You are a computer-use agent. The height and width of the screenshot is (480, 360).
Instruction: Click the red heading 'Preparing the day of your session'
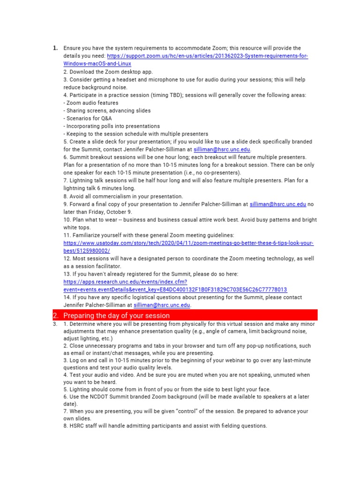[x=116, y=315]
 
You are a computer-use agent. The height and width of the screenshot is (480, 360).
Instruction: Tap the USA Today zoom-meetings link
[x=188, y=243]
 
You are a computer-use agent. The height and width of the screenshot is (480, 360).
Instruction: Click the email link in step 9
[x=277, y=204]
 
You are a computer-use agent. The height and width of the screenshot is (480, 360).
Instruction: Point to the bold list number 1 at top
[x=55, y=48]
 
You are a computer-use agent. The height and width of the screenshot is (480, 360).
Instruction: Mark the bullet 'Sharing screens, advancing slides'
[x=109, y=111]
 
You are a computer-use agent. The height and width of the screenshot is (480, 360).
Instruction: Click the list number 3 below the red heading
[x=55, y=324]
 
